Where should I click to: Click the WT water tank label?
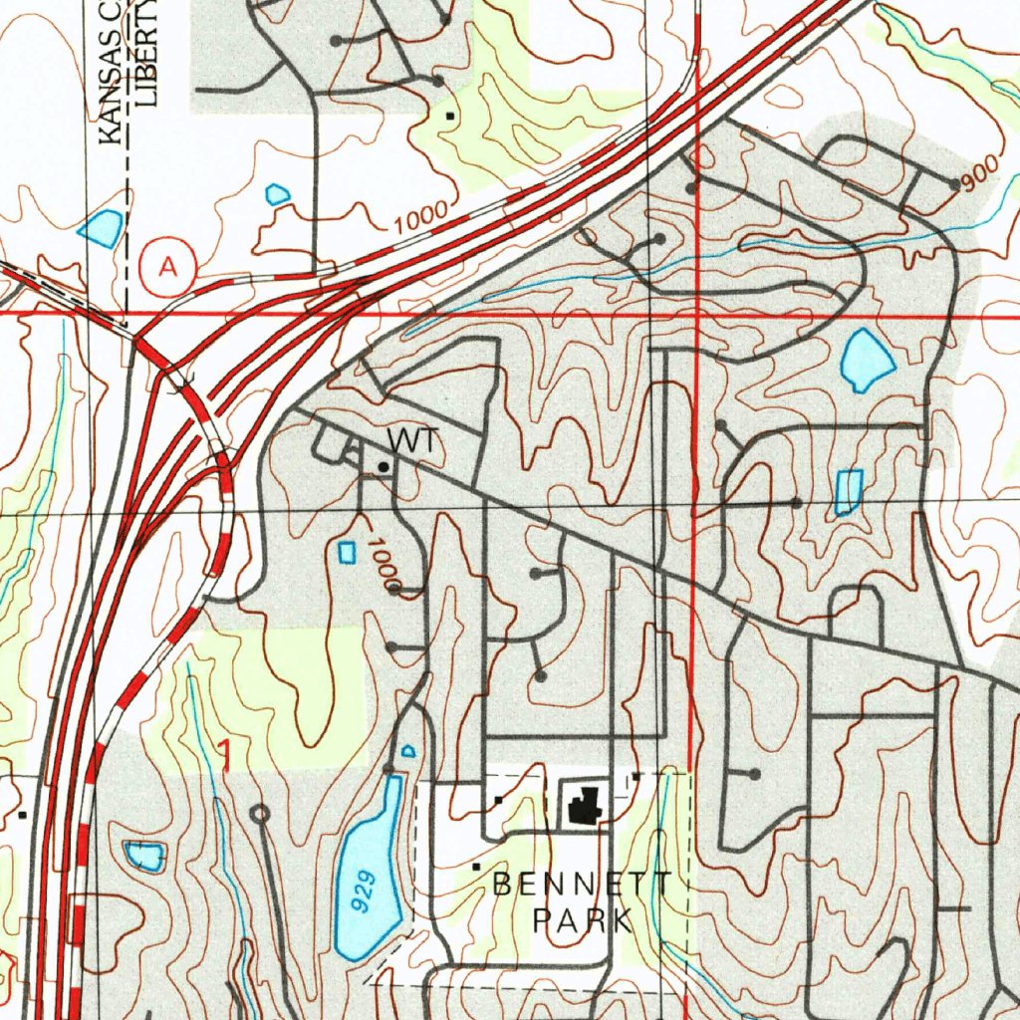tap(411, 440)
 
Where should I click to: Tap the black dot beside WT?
tap(382, 466)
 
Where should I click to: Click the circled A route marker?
tap(168, 267)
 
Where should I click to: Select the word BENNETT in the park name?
tap(583, 884)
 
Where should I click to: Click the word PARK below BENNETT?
tap(583, 919)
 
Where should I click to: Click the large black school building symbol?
tap(582, 804)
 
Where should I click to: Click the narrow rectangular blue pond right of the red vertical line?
tap(848, 492)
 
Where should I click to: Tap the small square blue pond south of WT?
tap(347, 552)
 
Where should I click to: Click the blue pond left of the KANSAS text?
tap(102, 228)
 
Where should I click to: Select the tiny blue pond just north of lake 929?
tap(407, 750)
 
